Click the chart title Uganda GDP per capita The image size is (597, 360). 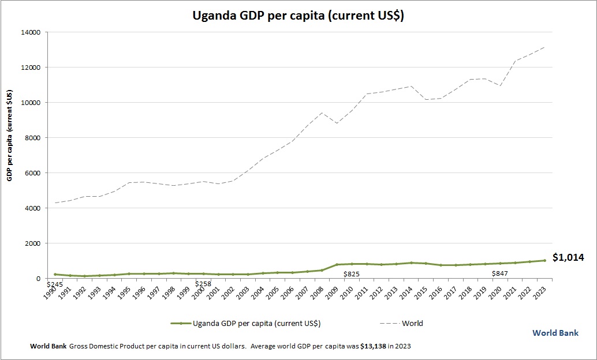(298, 16)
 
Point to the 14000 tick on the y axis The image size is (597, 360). (30, 32)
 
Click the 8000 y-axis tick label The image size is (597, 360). (32, 138)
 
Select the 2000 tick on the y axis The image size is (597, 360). (32, 243)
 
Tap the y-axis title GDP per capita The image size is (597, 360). (10, 136)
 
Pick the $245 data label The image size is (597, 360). (55, 284)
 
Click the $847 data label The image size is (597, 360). (500, 274)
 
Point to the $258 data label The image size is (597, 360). (203, 284)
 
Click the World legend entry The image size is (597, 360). (412, 323)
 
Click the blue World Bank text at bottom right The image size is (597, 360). (555, 333)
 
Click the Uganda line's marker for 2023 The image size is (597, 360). (544, 261)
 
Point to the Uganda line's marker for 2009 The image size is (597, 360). (337, 265)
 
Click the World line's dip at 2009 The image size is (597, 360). (337, 123)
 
